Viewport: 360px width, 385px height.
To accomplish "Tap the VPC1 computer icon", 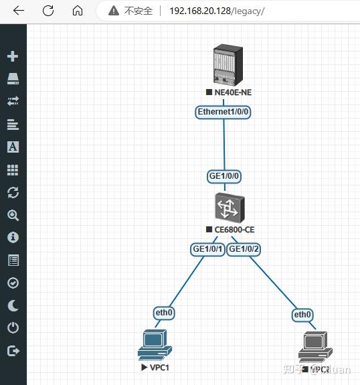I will (x=155, y=345).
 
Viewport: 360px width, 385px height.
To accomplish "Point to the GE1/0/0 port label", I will (x=224, y=176).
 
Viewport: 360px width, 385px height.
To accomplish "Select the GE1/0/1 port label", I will (x=207, y=249).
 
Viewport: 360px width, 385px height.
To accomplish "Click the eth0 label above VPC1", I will (x=164, y=313).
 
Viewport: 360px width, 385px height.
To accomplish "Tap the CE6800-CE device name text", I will (x=234, y=230).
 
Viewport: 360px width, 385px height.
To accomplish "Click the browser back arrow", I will (x=18, y=11).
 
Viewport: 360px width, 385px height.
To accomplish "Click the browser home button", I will (x=78, y=11).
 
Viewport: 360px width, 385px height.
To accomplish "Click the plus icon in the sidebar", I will (x=13, y=56).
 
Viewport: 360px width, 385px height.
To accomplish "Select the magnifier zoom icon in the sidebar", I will (x=13, y=216).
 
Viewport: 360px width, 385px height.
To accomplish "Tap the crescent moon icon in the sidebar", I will (x=13, y=305).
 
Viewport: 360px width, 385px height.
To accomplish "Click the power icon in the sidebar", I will (x=13, y=328).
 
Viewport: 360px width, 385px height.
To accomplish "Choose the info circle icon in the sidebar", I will (x=13, y=238).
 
